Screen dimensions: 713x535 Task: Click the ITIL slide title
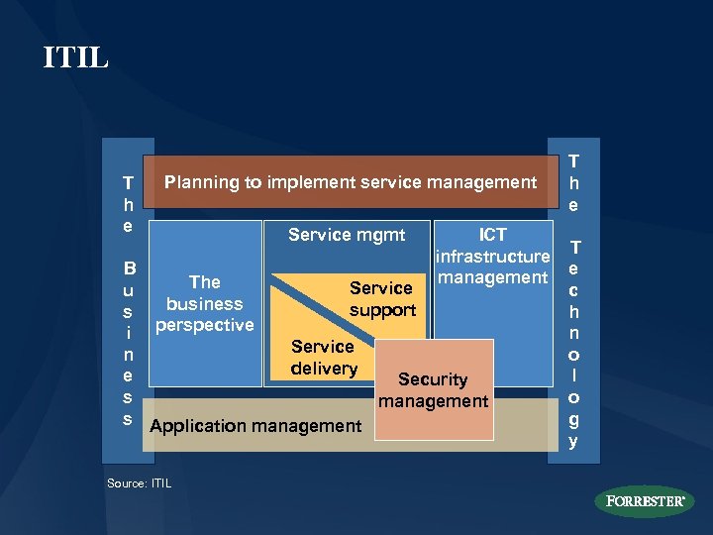tap(76, 57)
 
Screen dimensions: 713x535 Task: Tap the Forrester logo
tap(646, 501)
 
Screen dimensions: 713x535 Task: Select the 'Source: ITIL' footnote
tap(139, 483)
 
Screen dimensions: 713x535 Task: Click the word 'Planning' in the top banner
tap(201, 182)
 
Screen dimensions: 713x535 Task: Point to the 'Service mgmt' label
tap(347, 235)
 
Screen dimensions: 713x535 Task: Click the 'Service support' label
tap(381, 299)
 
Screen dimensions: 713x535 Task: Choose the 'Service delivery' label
tap(324, 358)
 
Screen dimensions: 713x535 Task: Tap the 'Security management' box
tap(434, 389)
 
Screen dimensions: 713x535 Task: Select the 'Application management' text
tap(255, 426)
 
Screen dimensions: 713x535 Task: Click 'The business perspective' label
tap(205, 303)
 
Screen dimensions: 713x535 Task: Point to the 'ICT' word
tap(493, 235)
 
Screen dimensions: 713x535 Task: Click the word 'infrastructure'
tap(492, 257)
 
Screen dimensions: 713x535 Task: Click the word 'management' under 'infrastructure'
tap(492, 277)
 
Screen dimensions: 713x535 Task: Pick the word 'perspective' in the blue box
tap(205, 325)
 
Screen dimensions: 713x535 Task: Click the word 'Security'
tap(433, 379)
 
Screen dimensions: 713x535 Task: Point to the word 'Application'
tap(197, 426)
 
